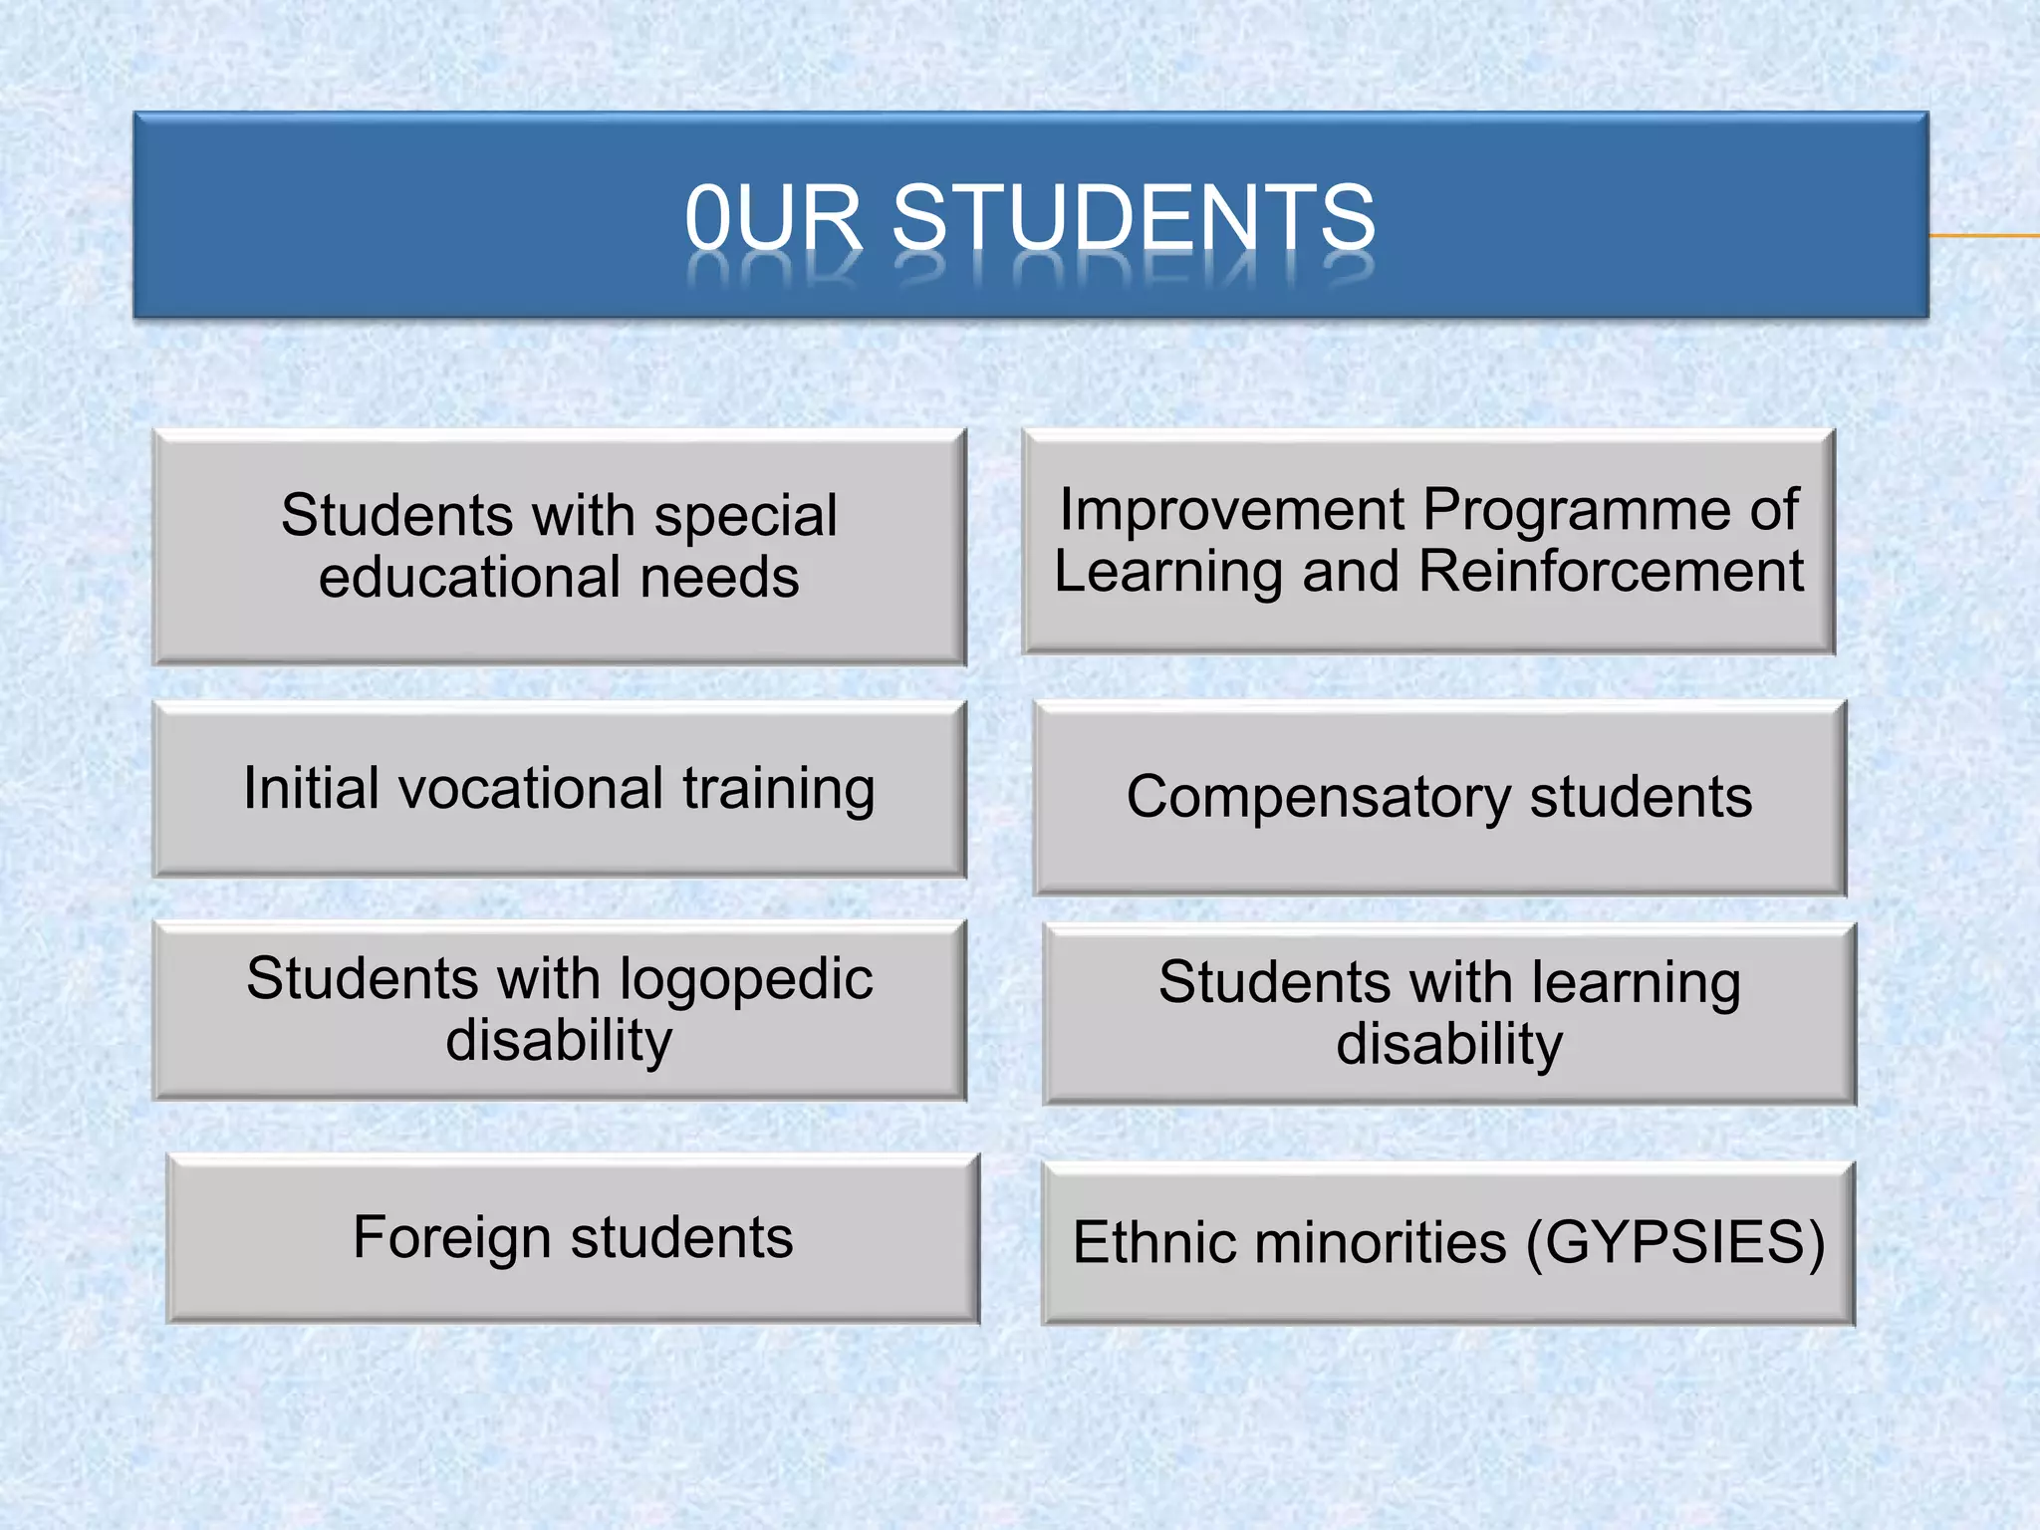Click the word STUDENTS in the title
pyautogui.click(x=1134, y=217)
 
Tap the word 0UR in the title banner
pyautogui.click(x=773, y=217)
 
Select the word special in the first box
pyautogui.click(x=745, y=516)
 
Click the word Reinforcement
pyautogui.click(x=1611, y=572)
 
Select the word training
pyautogui.click(x=779, y=790)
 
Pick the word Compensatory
pyautogui.click(x=1319, y=798)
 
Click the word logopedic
pyautogui.click(x=746, y=979)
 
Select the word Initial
pyautogui.click(x=311, y=788)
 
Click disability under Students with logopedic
pyautogui.click(x=559, y=1041)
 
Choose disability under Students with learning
pyautogui.click(x=1449, y=1045)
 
